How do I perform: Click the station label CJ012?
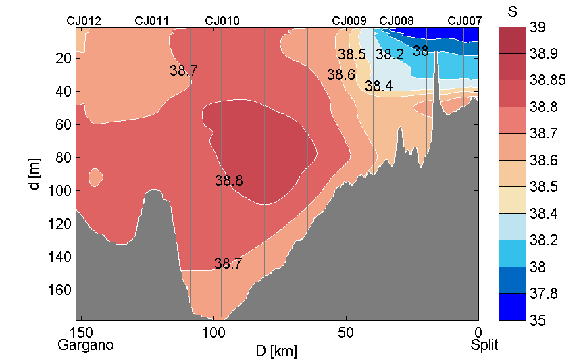pos(84,21)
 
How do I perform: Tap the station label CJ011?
pos(152,21)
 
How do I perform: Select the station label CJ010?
pos(222,21)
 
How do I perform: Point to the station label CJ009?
pos(350,21)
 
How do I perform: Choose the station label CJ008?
pos(397,21)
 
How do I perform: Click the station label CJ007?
pos(465,21)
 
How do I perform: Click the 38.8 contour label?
pos(229,181)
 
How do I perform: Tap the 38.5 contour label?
pos(352,54)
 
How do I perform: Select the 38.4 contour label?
pos(379,86)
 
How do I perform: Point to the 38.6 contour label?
pos(341,75)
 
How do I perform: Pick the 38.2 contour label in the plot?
pos(390,54)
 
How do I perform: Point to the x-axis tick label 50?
pos(346,333)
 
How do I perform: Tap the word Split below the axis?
pos(484,345)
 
